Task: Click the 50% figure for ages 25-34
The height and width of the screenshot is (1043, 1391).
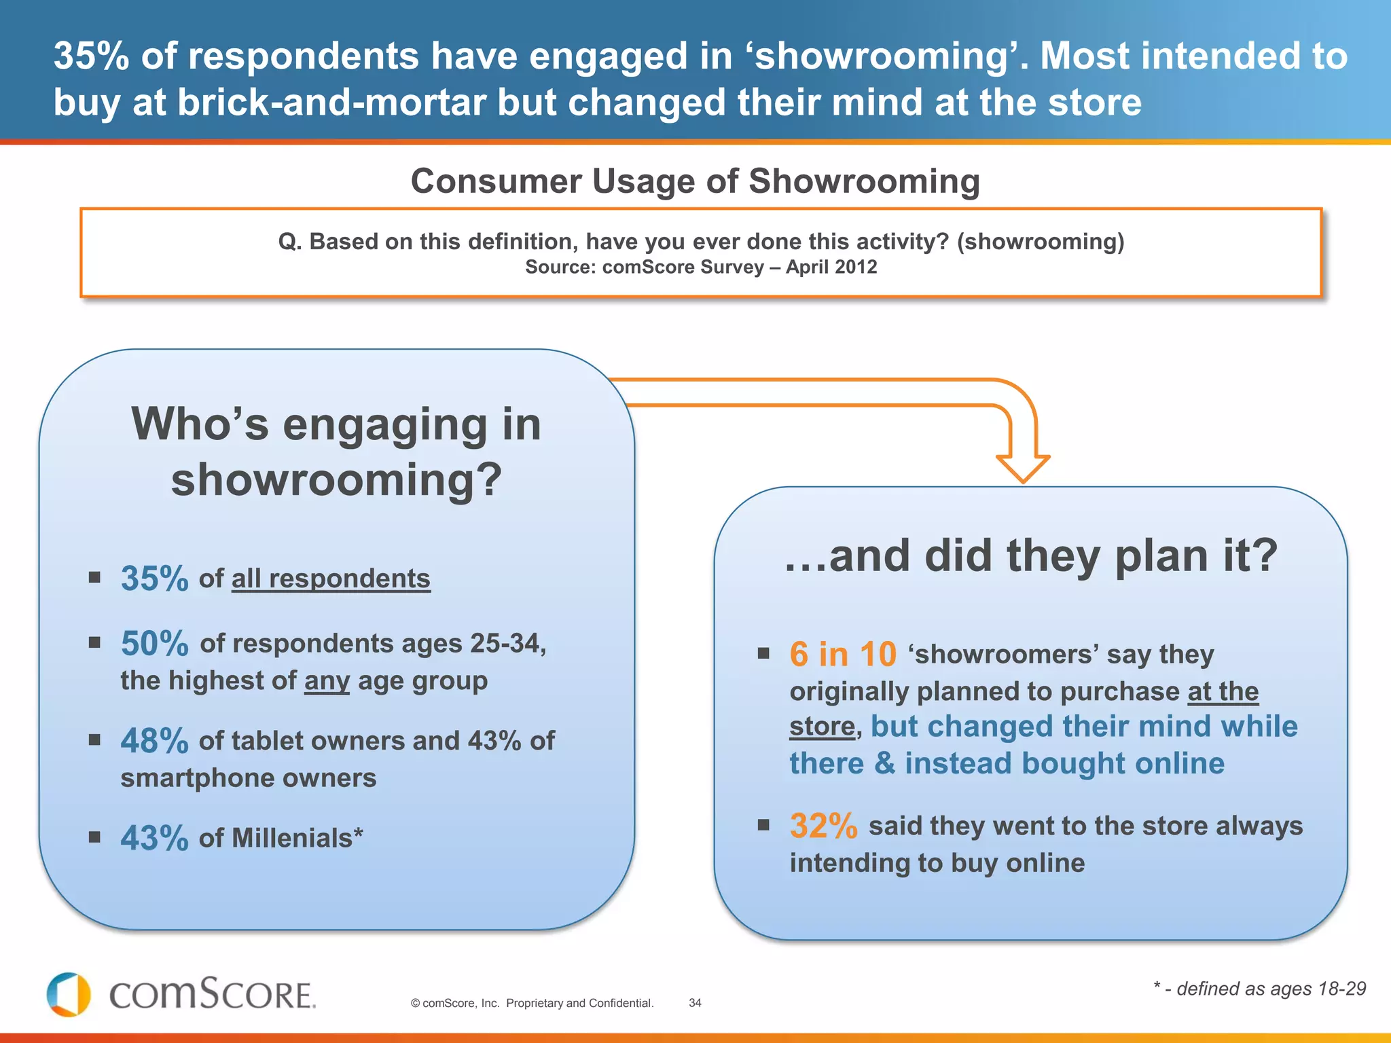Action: pyautogui.click(x=154, y=643)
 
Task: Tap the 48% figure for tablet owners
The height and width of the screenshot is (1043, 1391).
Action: pyautogui.click(x=154, y=741)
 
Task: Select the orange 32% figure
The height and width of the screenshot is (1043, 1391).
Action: pyautogui.click(x=823, y=826)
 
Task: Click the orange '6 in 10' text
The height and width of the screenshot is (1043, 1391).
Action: pyautogui.click(x=843, y=655)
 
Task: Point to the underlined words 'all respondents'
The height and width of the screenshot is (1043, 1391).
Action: pyautogui.click(x=331, y=579)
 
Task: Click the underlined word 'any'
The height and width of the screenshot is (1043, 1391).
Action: pyautogui.click(x=327, y=680)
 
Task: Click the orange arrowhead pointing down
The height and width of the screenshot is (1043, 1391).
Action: pyautogui.click(x=1023, y=468)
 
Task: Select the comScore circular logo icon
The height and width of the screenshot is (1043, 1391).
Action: pyautogui.click(x=69, y=995)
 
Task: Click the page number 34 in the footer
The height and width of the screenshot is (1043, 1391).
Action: pyautogui.click(x=695, y=1003)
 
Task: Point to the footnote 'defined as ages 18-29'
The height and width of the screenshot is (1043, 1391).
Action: pyautogui.click(x=1270, y=989)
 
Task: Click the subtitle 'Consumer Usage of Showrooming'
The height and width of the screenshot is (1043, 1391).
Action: pyautogui.click(x=695, y=181)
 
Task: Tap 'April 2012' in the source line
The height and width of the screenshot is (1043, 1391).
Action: pyautogui.click(x=831, y=267)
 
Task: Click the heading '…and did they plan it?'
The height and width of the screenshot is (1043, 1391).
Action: pyautogui.click(x=1030, y=555)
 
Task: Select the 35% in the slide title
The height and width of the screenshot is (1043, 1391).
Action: pyautogui.click(x=91, y=56)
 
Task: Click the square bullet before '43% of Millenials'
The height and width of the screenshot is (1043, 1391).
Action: pyautogui.click(x=94, y=837)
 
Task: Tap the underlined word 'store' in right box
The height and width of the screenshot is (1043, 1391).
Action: pyautogui.click(x=822, y=727)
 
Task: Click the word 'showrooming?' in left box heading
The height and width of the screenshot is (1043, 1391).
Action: pyautogui.click(x=336, y=479)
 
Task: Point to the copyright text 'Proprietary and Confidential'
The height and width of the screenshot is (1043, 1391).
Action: pyautogui.click(x=579, y=1003)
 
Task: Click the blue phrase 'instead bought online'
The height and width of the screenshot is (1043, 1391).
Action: pyautogui.click(x=1064, y=764)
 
